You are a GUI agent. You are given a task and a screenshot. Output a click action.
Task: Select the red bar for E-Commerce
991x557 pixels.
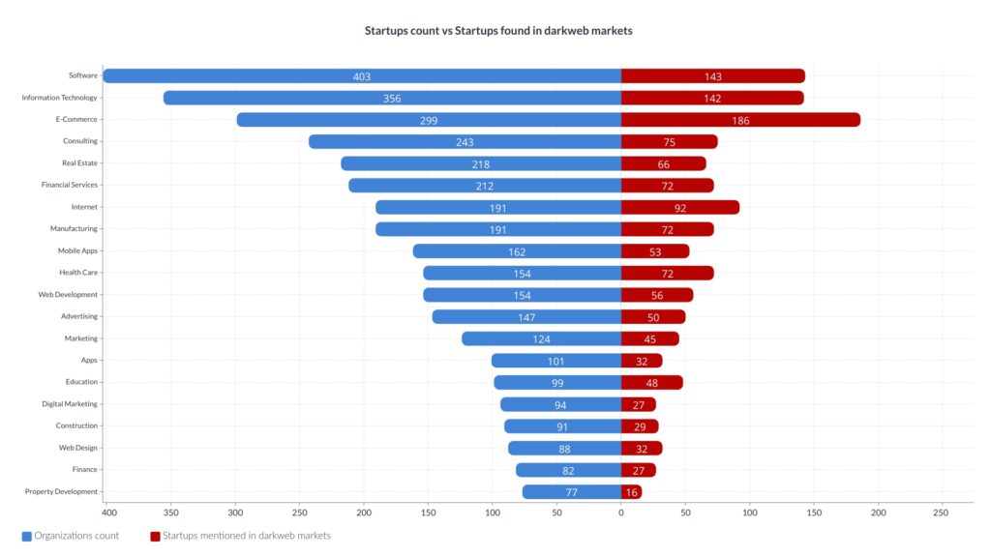point(740,120)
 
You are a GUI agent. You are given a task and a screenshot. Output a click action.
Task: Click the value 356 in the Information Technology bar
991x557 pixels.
point(391,99)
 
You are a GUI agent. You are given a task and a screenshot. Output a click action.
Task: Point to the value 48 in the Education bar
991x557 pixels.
point(652,383)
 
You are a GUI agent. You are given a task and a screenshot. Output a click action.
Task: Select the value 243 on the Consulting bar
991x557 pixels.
point(465,142)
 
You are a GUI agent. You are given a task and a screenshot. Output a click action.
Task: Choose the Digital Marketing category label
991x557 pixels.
point(70,404)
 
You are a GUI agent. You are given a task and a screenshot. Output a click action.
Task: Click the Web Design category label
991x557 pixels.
point(78,448)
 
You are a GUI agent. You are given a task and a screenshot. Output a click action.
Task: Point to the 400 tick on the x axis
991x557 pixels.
point(108,513)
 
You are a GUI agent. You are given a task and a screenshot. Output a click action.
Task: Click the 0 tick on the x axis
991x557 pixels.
point(621,513)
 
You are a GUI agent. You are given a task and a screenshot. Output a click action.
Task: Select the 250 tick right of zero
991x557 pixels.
point(940,513)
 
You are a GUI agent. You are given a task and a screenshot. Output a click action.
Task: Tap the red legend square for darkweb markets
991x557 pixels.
point(155,536)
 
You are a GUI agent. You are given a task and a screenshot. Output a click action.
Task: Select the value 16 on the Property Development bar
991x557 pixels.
point(632,492)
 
